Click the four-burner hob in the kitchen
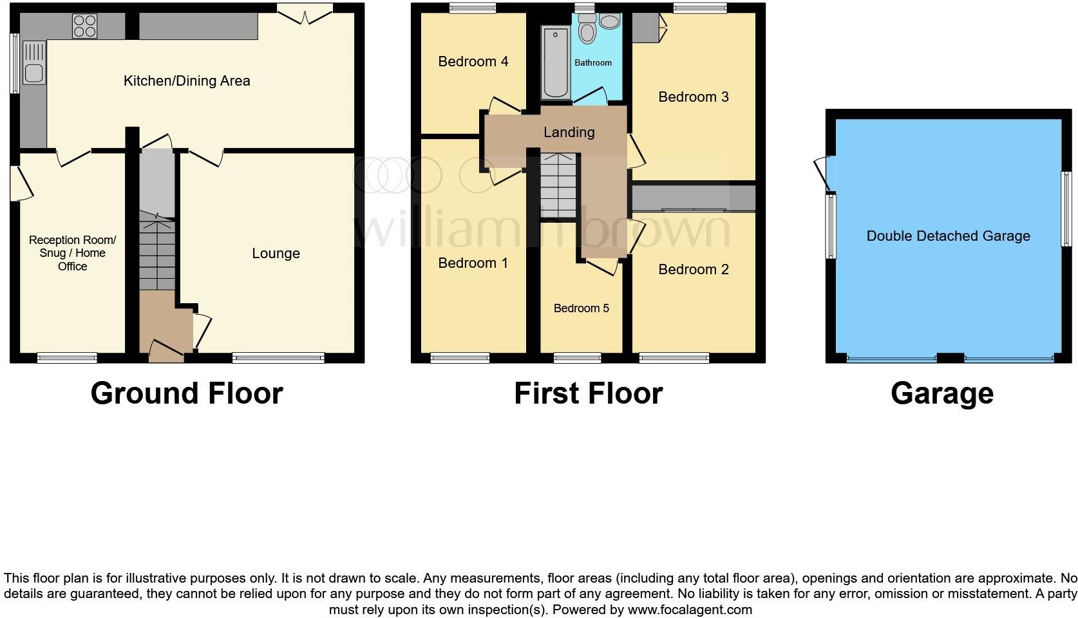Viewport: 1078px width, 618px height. (85, 26)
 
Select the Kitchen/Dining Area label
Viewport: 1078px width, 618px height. (187, 81)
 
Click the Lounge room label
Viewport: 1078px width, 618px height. (276, 254)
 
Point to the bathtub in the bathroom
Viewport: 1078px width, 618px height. (554, 62)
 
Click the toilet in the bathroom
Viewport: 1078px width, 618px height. (587, 30)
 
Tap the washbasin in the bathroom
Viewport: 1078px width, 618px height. (609, 21)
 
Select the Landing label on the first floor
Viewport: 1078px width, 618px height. (569, 133)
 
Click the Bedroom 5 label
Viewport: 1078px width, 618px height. (581, 308)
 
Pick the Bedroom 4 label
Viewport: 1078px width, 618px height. (473, 62)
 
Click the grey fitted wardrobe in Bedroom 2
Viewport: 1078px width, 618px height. (693, 198)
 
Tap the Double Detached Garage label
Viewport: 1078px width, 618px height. (948, 236)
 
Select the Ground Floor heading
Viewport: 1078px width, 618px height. (187, 393)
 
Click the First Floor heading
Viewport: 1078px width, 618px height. (588, 393)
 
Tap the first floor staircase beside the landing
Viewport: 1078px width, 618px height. (558, 187)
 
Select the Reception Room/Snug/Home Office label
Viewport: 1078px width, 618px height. (72, 253)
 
